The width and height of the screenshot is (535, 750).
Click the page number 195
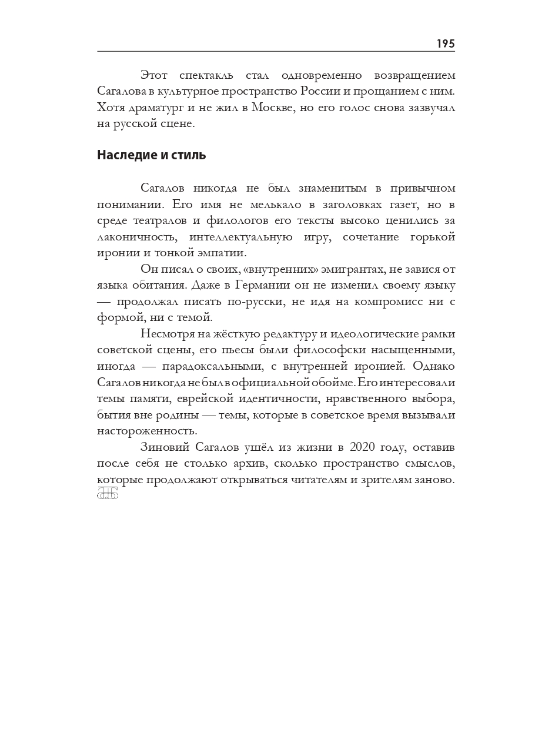coord(446,44)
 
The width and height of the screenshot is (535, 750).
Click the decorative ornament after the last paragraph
coord(108,494)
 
